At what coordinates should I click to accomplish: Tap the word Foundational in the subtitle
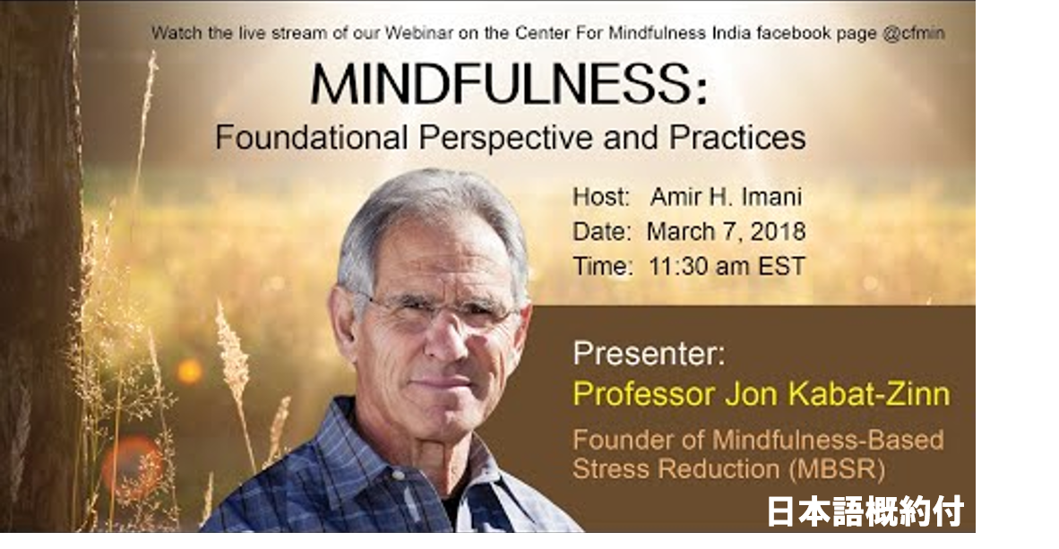[312, 137]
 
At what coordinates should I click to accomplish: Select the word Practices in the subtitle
[737, 137]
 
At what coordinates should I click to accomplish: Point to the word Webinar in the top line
[418, 33]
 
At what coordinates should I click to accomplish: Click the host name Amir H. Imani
[726, 197]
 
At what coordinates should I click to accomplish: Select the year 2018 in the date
[778, 232]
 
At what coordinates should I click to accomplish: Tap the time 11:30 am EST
[728, 266]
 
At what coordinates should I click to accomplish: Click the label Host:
[601, 197]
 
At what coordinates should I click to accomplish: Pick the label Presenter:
[649, 353]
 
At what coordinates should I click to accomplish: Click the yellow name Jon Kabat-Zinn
[838, 394]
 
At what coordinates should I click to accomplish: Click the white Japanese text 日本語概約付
[865, 512]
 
